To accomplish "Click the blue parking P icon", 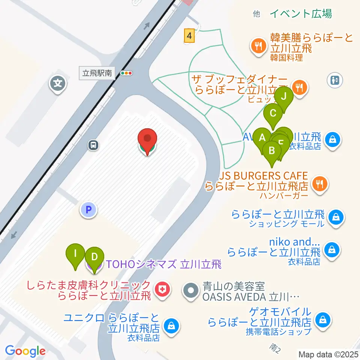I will tap(89, 210).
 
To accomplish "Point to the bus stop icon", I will tap(93, 145).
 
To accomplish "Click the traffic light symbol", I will tap(126, 73).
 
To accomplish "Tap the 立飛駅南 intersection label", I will tap(97, 73).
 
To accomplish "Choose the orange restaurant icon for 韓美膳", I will tap(258, 46).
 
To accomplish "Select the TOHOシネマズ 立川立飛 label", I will tap(163, 265).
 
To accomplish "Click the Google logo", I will tap(25, 351).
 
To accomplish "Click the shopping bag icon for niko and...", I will tap(331, 249).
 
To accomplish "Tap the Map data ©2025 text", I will tap(328, 354).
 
